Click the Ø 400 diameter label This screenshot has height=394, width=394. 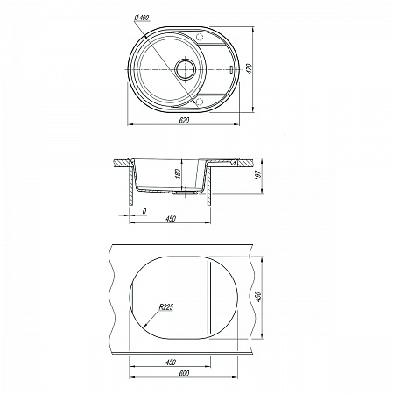pos(142,18)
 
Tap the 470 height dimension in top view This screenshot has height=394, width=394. pos(250,69)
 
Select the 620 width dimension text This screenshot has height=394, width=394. pos(184,120)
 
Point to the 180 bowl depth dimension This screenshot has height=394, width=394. pos(179,173)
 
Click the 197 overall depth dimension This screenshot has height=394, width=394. pos(259,175)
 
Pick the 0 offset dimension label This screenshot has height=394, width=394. pos(144,211)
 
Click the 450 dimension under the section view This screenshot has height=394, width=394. pos(171,219)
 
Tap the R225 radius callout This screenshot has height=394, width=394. pos(166,307)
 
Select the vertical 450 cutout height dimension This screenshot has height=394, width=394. pos(259,297)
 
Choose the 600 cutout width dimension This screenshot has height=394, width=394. pos(184,373)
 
